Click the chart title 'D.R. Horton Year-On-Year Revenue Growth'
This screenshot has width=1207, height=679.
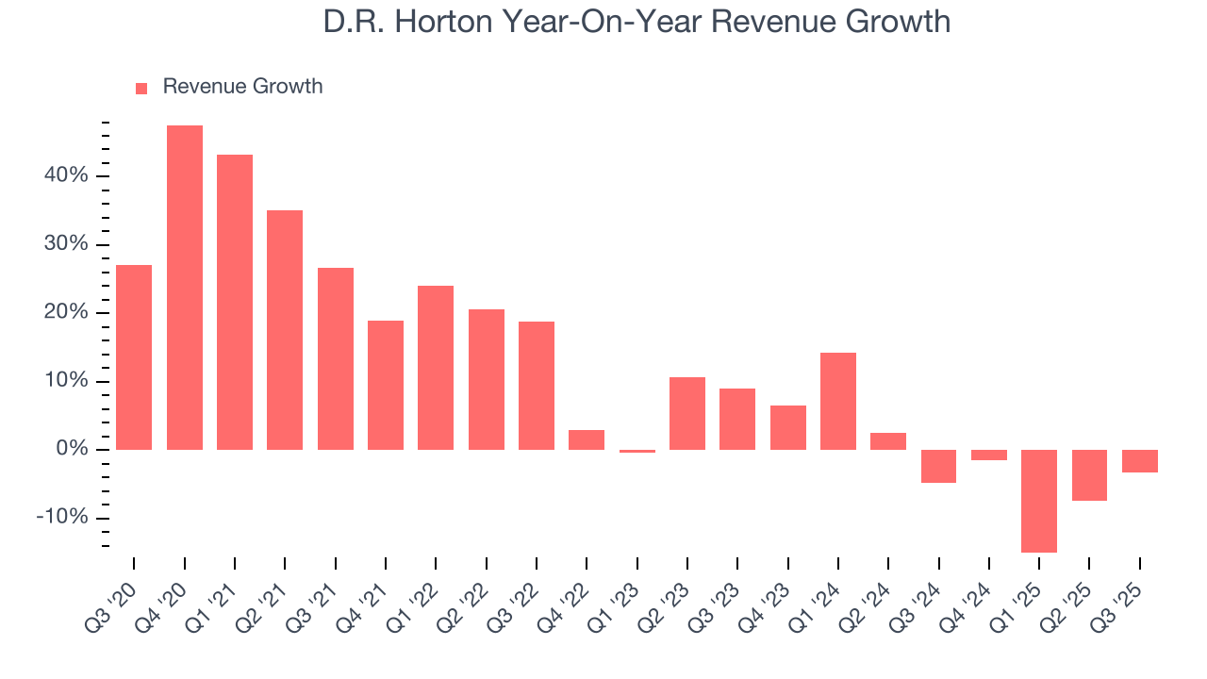tap(637, 23)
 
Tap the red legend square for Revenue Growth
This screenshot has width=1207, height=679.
tap(141, 89)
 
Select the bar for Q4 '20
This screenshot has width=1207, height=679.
tap(185, 288)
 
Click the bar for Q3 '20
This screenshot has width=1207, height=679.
tap(134, 357)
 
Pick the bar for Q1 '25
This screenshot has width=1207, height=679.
tap(1039, 501)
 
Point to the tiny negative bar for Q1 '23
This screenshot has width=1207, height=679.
tap(637, 451)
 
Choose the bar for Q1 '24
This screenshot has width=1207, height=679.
tap(838, 401)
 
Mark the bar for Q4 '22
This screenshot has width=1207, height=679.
tap(587, 439)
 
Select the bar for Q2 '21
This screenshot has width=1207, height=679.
tap(285, 330)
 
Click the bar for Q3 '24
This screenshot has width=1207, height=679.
tap(938, 466)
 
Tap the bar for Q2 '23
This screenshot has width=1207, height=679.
tap(687, 413)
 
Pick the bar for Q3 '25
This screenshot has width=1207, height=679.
tap(1139, 461)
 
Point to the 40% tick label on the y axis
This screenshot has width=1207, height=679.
tap(64, 176)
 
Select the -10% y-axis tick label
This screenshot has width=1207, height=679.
tap(61, 518)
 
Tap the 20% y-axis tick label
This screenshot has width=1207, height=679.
tap(64, 313)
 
